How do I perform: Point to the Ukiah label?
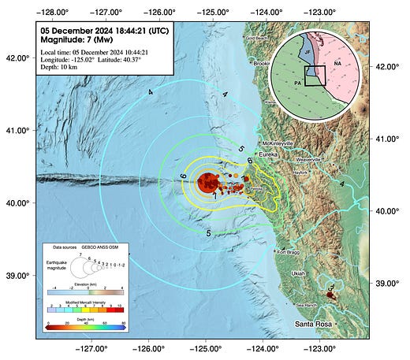(298, 273)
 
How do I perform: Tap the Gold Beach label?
(257, 37)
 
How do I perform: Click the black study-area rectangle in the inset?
(315, 75)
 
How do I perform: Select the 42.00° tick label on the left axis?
(18, 58)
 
